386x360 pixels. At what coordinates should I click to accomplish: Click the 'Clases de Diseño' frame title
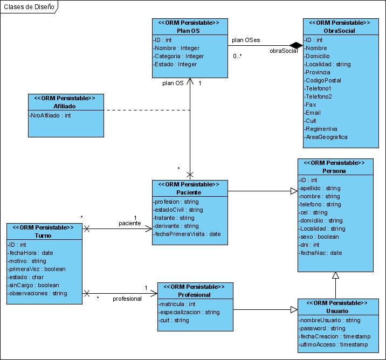coord(29,7)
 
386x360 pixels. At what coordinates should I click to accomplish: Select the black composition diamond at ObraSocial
coord(296,45)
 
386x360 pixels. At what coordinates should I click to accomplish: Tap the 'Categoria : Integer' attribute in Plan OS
coord(178,56)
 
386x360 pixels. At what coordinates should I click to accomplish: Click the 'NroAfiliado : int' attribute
coord(50,115)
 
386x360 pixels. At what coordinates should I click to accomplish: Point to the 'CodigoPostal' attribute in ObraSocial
coord(322,80)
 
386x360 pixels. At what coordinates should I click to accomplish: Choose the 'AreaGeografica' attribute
coord(326,137)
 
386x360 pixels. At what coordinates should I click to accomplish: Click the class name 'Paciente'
coord(189,192)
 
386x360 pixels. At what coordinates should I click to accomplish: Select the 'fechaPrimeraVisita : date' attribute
coord(187,234)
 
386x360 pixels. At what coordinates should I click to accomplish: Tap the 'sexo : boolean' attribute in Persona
coord(319,237)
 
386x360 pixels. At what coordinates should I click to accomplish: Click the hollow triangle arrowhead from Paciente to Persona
coord(294,191)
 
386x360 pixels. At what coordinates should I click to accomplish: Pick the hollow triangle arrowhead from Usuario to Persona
coord(335,275)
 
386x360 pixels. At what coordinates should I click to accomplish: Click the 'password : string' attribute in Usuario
coord(322,328)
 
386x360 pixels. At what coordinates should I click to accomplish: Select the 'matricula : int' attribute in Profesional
coord(176,304)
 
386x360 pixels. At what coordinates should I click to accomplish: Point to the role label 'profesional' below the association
coord(127,299)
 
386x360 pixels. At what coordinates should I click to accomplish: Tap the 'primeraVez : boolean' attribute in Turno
coord(37,269)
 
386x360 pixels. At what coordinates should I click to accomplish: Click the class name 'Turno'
coord(43,236)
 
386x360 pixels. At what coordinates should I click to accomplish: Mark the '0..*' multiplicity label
coord(237,56)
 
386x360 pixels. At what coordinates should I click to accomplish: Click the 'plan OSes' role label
coord(246,40)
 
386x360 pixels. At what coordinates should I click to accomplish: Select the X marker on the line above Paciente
coord(190,175)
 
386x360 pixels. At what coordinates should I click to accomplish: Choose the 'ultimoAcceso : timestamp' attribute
coord(333,344)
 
